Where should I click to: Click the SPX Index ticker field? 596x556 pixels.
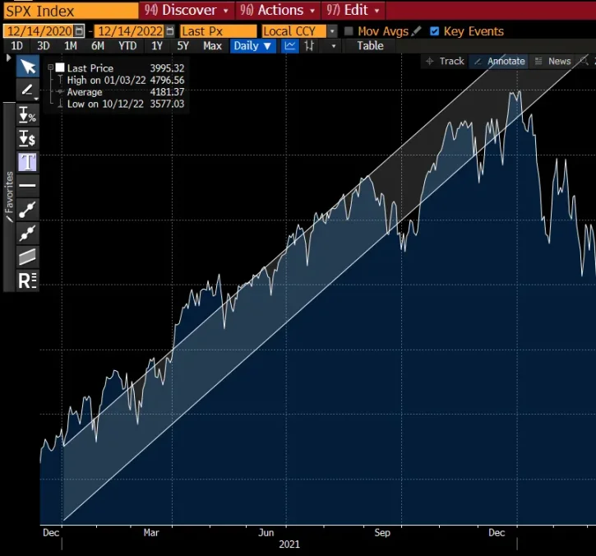[x=69, y=11]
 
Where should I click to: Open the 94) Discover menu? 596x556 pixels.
[x=186, y=11]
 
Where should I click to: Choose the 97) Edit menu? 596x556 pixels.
[x=352, y=11]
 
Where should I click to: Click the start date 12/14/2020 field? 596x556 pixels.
[x=39, y=31]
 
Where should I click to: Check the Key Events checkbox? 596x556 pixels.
[x=435, y=31]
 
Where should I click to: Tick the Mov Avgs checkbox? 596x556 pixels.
[x=349, y=31]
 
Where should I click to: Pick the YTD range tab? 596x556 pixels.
[x=127, y=46]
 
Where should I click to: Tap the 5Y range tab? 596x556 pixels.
[x=182, y=46]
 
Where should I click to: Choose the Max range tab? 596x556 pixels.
[x=212, y=46]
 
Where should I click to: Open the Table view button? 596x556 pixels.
[x=370, y=46]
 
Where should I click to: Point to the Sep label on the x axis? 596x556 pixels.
[x=382, y=533]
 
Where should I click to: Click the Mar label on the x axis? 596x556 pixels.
[x=151, y=533]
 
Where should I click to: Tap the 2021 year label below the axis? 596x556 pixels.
[x=289, y=544]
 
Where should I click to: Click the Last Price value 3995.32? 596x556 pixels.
[x=167, y=68]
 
